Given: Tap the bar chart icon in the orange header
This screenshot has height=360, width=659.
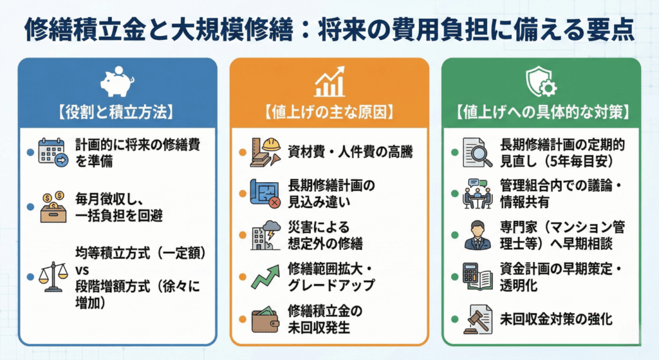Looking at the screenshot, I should pyautogui.click(x=329, y=83).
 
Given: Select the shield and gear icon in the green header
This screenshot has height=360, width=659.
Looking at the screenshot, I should pyautogui.click(x=541, y=82).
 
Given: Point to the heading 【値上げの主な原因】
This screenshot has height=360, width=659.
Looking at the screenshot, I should pyautogui.click(x=329, y=112).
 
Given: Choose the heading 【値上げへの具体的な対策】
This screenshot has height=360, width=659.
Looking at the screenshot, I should pyautogui.click(x=541, y=112).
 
